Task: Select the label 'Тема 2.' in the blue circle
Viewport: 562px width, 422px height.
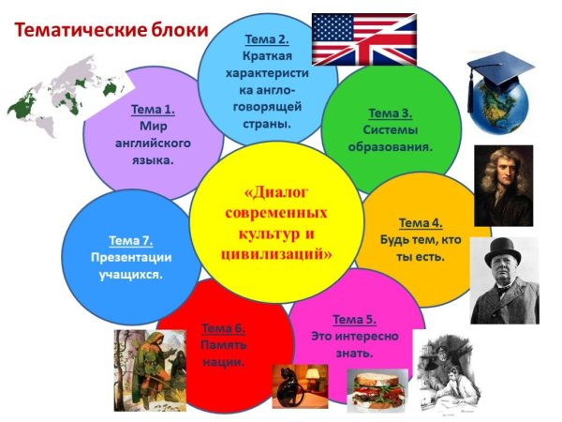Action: coord(267,39)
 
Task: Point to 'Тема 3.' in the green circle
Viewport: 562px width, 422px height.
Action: coord(389,113)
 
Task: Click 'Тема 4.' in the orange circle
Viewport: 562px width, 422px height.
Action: coord(420,222)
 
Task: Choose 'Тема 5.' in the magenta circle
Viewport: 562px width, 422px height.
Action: coord(354,319)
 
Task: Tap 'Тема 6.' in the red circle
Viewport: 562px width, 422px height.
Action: coord(223,328)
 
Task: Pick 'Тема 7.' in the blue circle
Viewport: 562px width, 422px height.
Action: coord(130,239)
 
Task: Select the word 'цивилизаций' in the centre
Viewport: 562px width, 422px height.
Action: coord(276,252)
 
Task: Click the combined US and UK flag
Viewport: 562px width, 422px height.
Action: coord(363,38)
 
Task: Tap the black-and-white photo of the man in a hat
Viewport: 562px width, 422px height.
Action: coord(504,280)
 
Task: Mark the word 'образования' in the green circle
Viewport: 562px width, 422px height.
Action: coord(390,147)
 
